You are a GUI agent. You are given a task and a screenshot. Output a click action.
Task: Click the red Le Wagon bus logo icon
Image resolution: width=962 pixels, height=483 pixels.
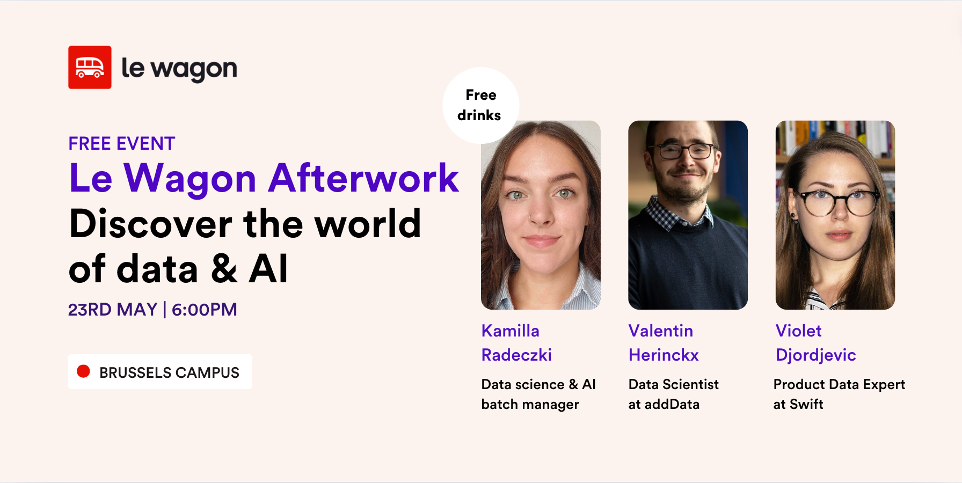pyautogui.click(x=90, y=67)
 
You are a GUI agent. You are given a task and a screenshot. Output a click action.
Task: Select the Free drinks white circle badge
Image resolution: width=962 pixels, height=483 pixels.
pyautogui.click(x=480, y=105)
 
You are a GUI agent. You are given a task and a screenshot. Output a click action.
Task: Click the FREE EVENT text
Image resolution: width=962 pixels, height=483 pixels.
pyautogui.click(x=122, y=144)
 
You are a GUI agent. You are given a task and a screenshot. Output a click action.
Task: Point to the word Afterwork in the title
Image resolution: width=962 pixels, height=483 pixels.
pyautogui.click(x=363, y=178)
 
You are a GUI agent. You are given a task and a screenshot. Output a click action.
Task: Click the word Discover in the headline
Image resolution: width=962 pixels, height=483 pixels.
pyautogui.click(x=150, y=224)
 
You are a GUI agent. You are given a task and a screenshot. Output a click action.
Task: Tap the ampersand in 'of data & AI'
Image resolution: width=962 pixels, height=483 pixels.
pyautogui.click(x=224, y=269)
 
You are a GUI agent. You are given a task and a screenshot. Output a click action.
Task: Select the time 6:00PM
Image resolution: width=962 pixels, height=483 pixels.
pyautogui.click(x=205, y=310)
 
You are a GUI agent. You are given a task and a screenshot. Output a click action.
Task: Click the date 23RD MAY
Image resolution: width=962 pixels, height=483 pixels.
pyautogui.click(x=113, y=310)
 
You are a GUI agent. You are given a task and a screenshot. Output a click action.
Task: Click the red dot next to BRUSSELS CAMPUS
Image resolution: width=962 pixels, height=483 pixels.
pyautogui.click(x=83, y=371)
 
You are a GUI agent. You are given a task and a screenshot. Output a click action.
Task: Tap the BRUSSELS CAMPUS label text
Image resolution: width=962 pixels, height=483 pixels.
pyautogui.click(x=169, y=372)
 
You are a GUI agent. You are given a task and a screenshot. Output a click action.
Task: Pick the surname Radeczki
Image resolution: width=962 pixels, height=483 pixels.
pyautogui.click(x=516, y=355)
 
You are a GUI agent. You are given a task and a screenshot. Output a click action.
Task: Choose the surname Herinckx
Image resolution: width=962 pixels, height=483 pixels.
pyautogui.click(x=664, y=355)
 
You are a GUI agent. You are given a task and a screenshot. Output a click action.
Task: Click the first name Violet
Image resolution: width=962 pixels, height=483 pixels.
pyautogui.click(x=798, y=331)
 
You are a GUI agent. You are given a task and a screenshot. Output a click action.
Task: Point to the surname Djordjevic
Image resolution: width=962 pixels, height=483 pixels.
pyautogui.click(x=815, y=355)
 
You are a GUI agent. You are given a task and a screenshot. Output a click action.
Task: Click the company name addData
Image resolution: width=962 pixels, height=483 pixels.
pyautogui.click(x=672, y=404)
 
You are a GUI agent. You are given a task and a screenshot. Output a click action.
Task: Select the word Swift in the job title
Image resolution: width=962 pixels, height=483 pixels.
pyautogui.click(x=806, y=404)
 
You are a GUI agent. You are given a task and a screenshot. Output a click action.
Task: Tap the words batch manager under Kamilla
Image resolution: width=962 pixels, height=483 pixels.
pyautogui.click(x=530, y=404)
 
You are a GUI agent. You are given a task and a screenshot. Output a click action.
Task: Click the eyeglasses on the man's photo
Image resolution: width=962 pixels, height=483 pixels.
pyautogui.click(x=687, y=151)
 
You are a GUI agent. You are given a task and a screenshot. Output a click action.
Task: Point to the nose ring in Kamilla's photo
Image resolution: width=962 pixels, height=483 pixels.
pyautogui.click(x=531, y=217)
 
